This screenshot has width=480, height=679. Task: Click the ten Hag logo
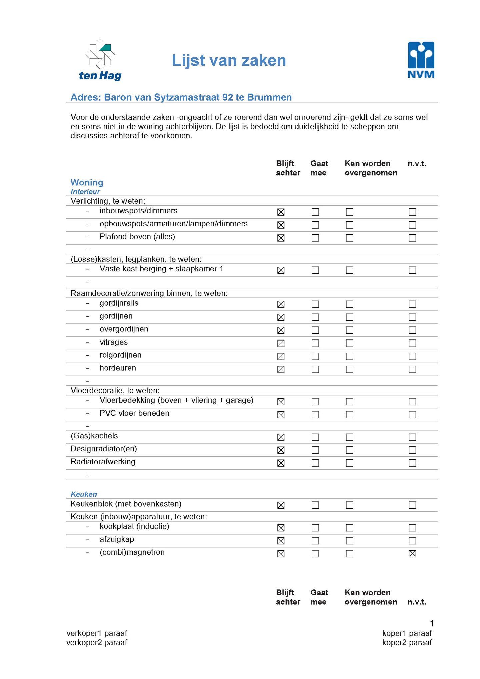coord(100,61)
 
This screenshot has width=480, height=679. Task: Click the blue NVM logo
coord(421,60)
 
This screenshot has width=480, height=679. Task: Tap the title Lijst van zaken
coord(229,61)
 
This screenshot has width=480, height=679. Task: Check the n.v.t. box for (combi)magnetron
coord(412,554)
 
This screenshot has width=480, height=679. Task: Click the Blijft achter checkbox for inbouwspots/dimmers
coord(281,212)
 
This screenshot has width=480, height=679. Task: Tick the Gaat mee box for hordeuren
coord(315,369)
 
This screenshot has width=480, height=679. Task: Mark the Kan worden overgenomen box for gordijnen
coord(349,317)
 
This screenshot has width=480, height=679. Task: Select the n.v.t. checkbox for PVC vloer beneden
coord(412,415)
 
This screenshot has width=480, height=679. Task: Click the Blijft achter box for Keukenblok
coord(281,505)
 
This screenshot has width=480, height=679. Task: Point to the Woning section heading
coord(87,182)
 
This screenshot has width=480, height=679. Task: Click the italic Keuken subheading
coord(84,494)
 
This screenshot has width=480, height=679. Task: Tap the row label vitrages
coord(113,342)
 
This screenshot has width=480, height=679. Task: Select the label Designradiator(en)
coord(104,449)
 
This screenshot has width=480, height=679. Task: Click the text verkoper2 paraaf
coord(97,642)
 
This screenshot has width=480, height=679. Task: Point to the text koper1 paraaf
coord(407,633)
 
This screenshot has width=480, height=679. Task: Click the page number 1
coord(432,623)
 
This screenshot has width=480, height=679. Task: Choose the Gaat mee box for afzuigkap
coord(315,541)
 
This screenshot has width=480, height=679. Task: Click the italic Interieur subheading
coord(85,192)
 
